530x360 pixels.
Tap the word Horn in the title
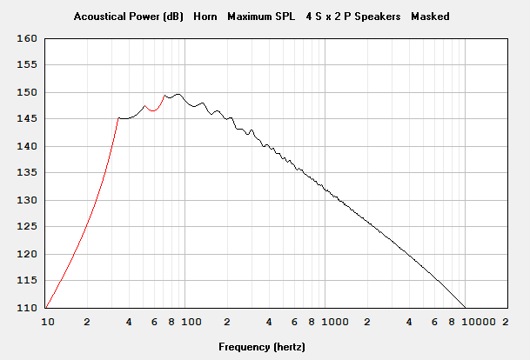pos(206,16)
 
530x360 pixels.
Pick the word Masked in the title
pos(430,16)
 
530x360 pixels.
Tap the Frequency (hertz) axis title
pos(262,347)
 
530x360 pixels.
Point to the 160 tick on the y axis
pos(28,38)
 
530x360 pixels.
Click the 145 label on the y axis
pos(28,119)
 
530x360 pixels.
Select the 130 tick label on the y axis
pos(28,200)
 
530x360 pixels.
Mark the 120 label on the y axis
pos(28,254)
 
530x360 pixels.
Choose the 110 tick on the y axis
pos(28,308)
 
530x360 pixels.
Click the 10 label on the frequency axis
pos(49,322)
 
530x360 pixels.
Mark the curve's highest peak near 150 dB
pos(178,94)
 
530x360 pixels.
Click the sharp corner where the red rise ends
pos(117,118)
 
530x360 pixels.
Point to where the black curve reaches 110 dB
pos(466,308)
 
